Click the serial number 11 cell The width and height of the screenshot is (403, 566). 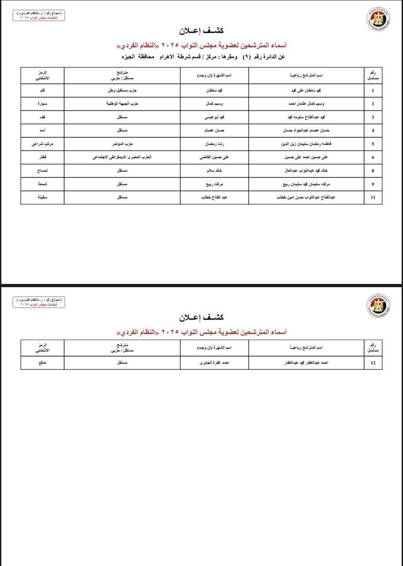[x=373, y=197]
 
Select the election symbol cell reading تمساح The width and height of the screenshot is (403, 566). [x=43, y=170]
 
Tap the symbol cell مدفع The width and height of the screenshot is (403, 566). [x=43, y=363]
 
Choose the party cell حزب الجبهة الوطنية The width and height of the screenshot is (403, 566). [x=122, y=104]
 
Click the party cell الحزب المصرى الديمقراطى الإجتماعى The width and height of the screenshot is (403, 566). [x=122, y=157]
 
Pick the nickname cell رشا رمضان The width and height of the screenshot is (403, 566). [x=214, y=144]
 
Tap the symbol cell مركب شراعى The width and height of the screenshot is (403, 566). [x=43, y=144]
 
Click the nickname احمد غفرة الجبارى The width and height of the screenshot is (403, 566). [x=214, y=363]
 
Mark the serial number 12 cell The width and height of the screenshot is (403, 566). [x=373, y=363]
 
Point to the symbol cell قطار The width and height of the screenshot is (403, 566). [x=43, y=157]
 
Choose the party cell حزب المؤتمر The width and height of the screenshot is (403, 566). [x=122, y=144]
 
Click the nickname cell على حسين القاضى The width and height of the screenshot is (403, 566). [x=214, y=157]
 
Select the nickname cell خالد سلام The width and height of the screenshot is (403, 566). [x=214, y=170]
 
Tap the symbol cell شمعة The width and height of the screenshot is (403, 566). [x=43, y=184]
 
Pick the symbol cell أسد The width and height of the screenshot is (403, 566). [x=43, y=130]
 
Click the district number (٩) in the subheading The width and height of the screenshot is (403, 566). [x=248, y=57]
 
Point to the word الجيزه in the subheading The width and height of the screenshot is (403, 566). [x=130, y=57]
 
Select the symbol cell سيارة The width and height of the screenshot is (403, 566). [x=43, y=104]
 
